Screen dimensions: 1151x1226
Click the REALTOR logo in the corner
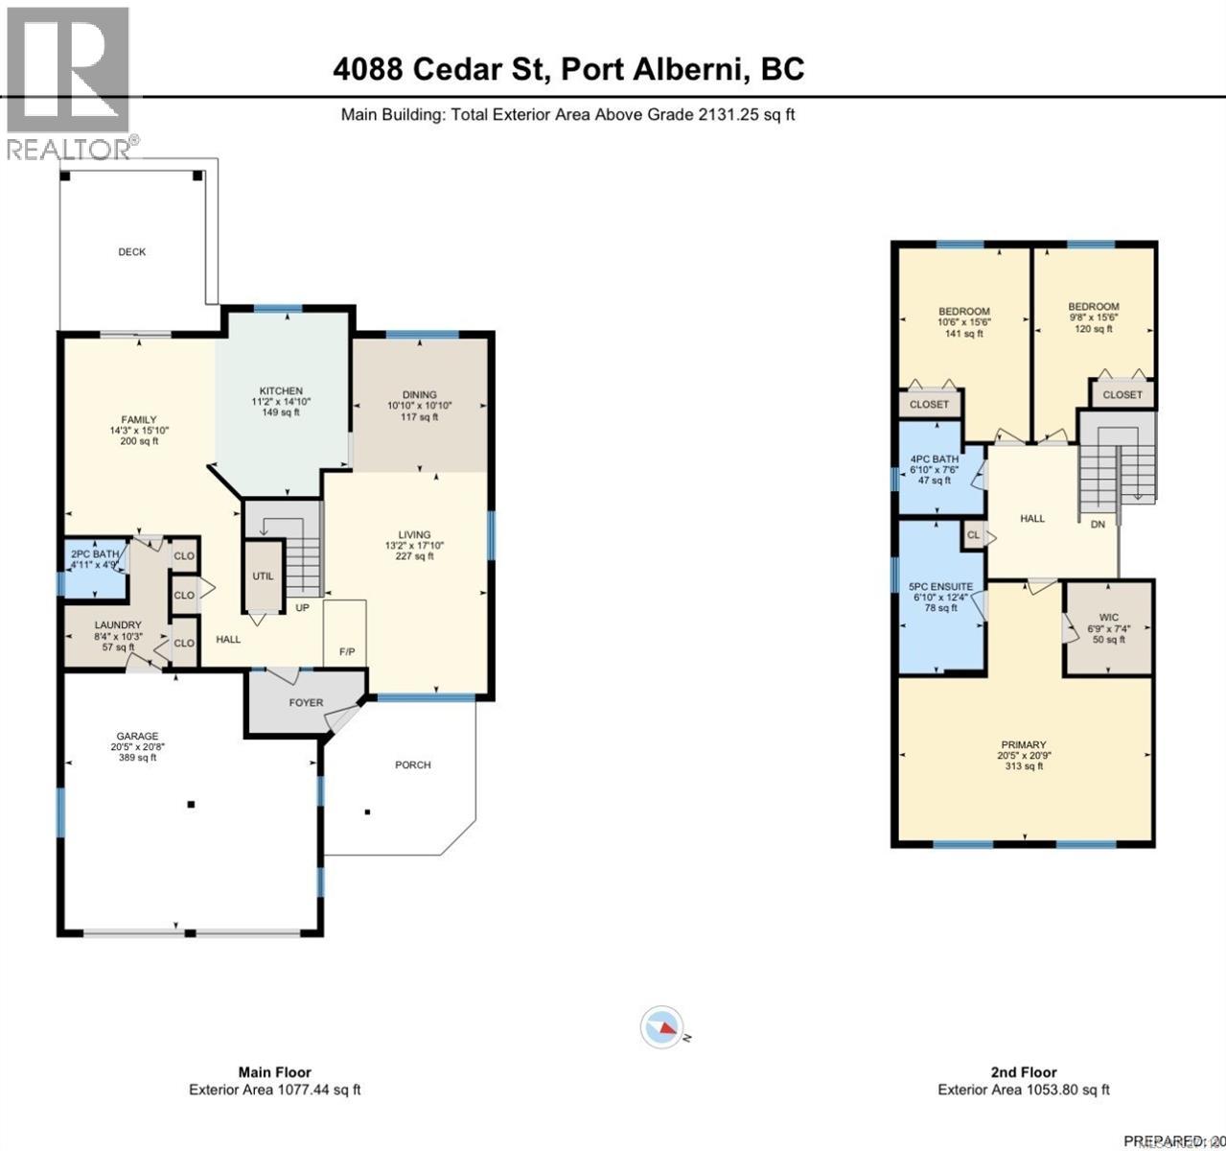67,81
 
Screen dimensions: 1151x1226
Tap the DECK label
132,252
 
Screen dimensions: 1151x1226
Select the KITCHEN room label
281,391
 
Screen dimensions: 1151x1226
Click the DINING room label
419,395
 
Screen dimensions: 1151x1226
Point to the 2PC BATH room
95,554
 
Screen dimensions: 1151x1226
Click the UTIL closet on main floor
263,576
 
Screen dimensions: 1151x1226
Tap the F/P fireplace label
347,652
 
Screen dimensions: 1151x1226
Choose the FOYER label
307,703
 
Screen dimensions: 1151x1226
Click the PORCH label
413,765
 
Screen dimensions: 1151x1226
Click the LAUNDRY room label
118,625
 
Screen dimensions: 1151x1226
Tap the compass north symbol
662,1027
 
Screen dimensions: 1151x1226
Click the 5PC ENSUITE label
940,587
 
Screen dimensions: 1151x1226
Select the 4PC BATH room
934,459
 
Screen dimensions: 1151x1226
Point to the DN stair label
1098,525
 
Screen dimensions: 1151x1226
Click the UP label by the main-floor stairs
302,608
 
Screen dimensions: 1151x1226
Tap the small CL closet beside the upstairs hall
973,535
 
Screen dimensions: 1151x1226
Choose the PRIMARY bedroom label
1023,745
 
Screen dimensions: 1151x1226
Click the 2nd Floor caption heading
1024,1072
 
